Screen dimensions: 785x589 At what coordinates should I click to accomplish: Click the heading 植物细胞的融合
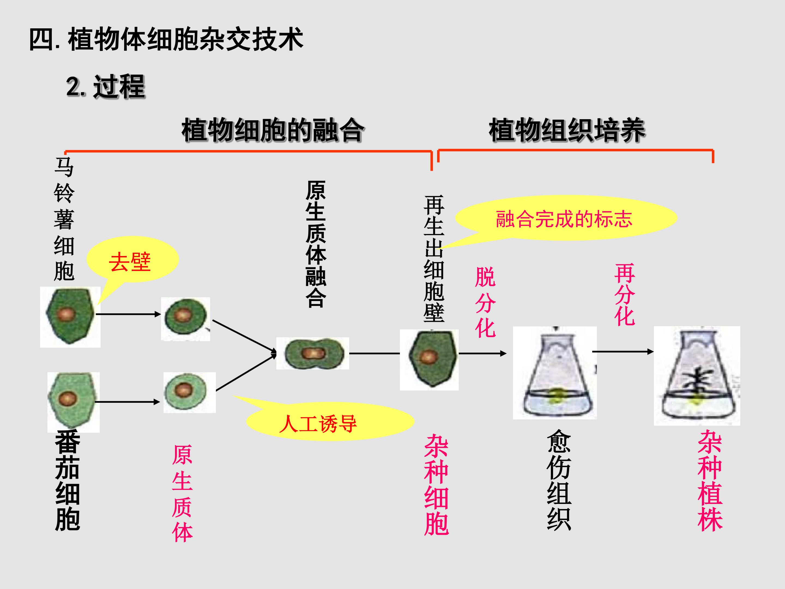coord(273,130)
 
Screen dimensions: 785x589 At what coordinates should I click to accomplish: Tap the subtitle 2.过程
coord(105,87)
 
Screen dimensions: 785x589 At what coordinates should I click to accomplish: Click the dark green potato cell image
coord(70,317)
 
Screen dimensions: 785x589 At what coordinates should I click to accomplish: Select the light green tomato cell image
coord(74,402)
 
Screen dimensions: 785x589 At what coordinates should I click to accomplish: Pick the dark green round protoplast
coord(186,319)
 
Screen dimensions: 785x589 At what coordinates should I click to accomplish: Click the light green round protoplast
coord(189,392)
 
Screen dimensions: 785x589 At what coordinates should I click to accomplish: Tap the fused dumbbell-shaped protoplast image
coord(313,353)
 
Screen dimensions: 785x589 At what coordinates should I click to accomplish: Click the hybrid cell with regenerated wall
coord(429,360)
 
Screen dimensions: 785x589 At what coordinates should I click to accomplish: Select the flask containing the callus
coord(555,373)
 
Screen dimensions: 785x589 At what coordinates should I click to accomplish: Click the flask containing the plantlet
coord(697,376)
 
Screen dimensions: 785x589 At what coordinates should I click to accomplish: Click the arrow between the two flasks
coord(623,351)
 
